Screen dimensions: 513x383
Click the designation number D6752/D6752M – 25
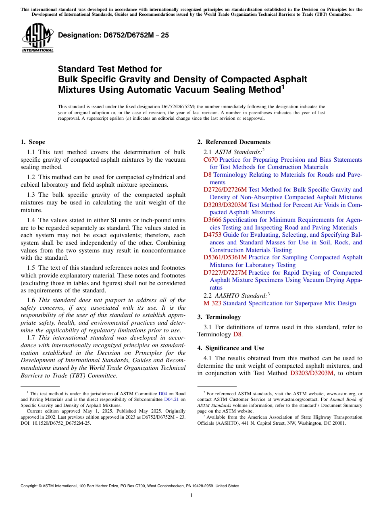point(113,35)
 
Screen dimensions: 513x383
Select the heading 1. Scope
point(33,142)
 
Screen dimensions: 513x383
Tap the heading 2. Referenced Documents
point(234,142)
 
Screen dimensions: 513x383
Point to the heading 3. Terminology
point(219,317)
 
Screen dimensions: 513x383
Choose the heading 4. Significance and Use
point(231,348)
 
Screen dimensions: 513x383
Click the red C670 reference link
point(210,160)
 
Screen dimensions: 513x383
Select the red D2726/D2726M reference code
point(225,190)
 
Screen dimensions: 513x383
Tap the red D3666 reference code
point(212,220)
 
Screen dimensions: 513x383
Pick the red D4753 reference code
point(212,235)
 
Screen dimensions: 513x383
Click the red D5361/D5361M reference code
point(225,257)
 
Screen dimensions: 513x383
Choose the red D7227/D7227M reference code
point(225,273)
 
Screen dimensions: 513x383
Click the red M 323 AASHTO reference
point(212,303)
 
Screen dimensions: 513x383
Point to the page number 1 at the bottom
point(191,496)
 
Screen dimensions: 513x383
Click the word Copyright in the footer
point(30,486)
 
